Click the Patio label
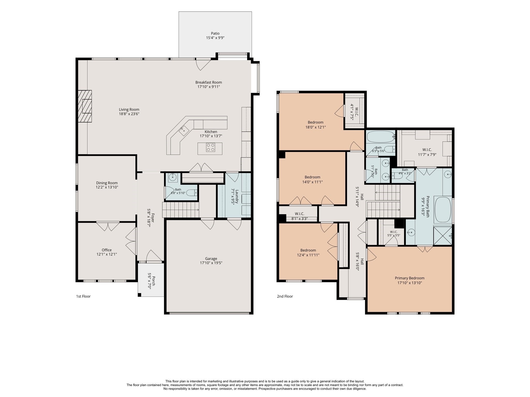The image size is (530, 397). (215, 33)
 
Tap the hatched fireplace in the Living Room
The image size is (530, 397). (85, 106)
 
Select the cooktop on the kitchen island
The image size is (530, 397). (210, 147)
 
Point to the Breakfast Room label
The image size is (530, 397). (209, 82)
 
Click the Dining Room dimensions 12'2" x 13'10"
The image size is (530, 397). (107, 187)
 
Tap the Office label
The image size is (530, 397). (107, 250)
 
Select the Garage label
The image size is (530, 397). (211, 258)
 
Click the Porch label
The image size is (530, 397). (153, 281)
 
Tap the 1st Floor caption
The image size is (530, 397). (83, 296)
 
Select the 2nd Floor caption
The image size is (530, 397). (285, 296)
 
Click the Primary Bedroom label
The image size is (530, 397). (410, 278)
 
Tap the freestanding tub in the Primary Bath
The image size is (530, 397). (443, 210)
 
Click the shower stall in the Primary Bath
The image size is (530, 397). (443, 235)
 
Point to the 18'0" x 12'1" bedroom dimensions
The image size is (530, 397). (315, 127)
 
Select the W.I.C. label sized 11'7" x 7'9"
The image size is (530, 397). (427, 150)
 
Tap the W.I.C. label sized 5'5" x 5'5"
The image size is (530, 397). (394, 232)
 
